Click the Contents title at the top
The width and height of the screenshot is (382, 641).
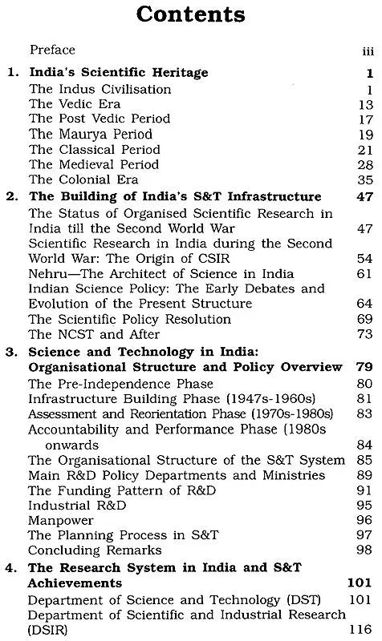point(190,17)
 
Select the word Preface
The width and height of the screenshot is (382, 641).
point(52,50)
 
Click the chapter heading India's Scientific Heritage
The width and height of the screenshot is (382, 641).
point(118,73)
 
